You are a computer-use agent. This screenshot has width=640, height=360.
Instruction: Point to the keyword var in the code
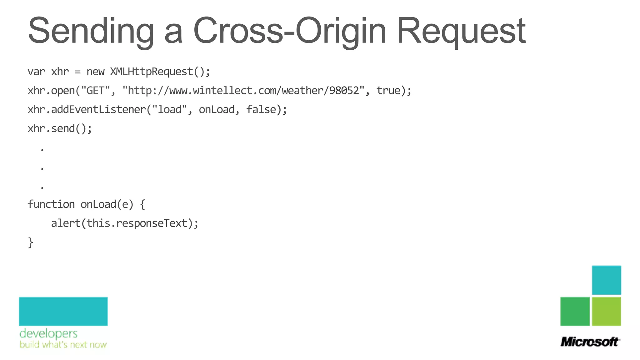click(x=36, y=72)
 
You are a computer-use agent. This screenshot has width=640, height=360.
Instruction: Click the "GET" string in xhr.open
click(x=95, y=91)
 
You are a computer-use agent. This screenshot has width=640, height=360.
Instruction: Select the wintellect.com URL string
click(x=243, y=91)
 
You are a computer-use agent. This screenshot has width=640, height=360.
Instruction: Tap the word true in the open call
click(x=388, y=91)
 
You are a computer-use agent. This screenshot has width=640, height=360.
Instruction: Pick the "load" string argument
click(x=169, y=110)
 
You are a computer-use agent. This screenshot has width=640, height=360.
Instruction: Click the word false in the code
click(x=261, y=110)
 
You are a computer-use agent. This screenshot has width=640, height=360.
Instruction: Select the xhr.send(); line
click(x=60, y=129)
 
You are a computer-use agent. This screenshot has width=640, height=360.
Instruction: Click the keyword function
click(x=51, y=204)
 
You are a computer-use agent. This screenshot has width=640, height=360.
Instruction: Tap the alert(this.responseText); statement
click(x=125, y=223)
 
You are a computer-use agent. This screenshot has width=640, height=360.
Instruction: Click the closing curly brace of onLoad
click(x=30, y=242)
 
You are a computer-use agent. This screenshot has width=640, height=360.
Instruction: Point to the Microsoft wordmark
click(x=590, y=342)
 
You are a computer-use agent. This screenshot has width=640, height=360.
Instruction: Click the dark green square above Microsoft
click(x=575, y=311)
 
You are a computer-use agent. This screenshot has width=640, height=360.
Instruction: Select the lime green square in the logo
click(x=606, y=311)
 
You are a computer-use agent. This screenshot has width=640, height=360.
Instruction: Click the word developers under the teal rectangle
click(x=48, y=334)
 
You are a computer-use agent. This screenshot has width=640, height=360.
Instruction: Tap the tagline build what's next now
click(x=63, y=345)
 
